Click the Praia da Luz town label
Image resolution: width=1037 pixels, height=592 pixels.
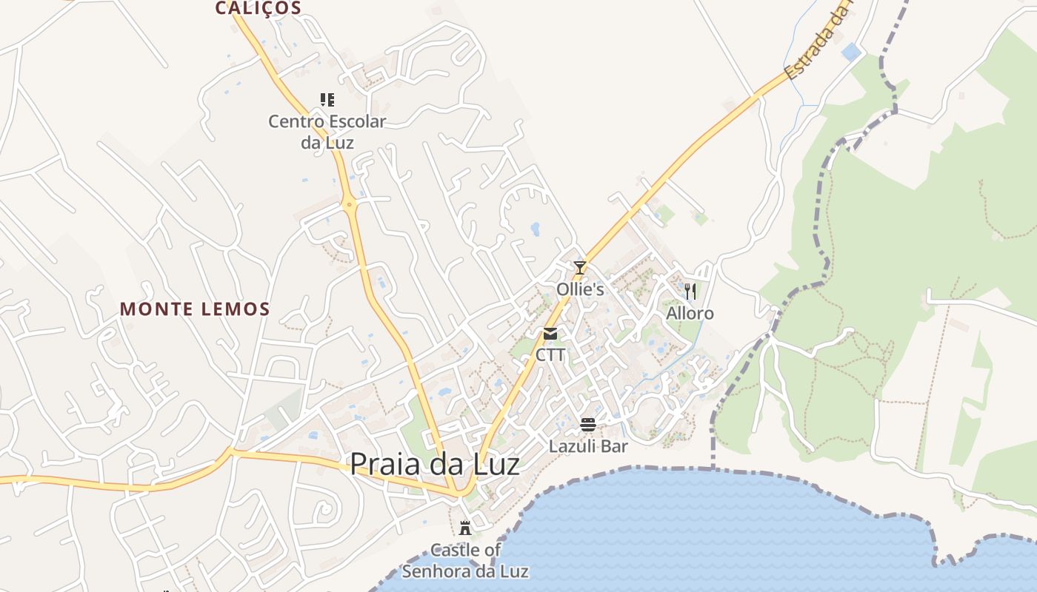pyautogui.click(x=434, y=465)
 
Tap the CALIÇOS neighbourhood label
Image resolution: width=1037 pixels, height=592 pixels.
pyautogui.click(x=259, y=8)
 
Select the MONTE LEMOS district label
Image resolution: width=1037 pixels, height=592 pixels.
pyautogui.click(x=195, y=309)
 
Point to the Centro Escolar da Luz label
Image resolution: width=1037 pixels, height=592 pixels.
pyautogui.click(x=327, y=131)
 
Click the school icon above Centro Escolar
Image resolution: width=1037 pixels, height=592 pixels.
pyautogui.click(x=327, y=100)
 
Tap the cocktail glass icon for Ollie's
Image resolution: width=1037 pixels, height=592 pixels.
pyautogui.click(x=580, y=267)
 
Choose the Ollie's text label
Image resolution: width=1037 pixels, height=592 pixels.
pyautogui.click(x=580, y=289)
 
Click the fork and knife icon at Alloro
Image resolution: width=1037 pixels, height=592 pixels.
pyautogui.click(x=690, y=291)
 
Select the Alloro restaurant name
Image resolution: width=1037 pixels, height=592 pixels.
pyautogui.click(x=690, y=313)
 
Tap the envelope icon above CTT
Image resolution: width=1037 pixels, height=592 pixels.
pyautogui.click(x=550, y=334)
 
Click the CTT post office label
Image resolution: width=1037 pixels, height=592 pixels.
pyautogui.click(x=550, y=355)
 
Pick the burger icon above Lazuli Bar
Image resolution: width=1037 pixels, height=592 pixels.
pyautogui.click(x=588, y=425)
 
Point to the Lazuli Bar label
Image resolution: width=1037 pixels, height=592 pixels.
pyautogui.click(x=588, y=446)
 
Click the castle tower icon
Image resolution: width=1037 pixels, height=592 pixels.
pyautogui.click(x=465, y=528)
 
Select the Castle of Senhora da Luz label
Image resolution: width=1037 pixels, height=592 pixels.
pyautogui.click(x=465, y=560)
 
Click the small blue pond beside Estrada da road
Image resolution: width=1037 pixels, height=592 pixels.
pyautogui.click(x=851, y=52)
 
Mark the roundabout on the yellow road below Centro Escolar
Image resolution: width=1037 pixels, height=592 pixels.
pyautogui.click(x=349, y=203)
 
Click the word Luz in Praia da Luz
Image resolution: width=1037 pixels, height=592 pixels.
pyautogui.click(x=492, y=465)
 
